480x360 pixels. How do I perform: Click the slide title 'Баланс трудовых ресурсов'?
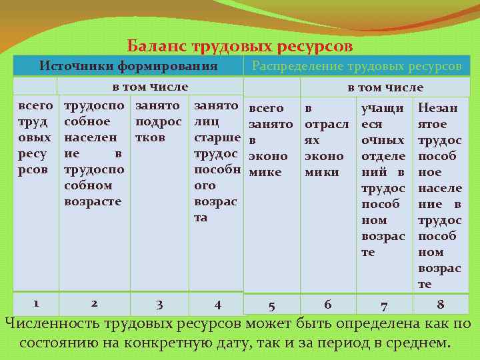click(240, 47)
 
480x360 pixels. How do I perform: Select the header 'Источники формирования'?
click(129, 66)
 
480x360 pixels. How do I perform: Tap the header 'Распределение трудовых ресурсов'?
click(356, 67)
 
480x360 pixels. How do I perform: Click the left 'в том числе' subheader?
click(149, 87)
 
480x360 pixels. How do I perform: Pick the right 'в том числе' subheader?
click(385, 87)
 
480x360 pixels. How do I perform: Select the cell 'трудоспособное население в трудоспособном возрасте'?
click(93, 153)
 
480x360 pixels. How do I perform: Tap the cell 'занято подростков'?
click(158, 121)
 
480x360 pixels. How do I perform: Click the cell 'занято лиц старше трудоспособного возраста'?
click(216, 161)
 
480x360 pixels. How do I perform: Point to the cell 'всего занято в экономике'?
click(270, 140)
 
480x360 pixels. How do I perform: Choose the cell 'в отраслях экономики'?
click(324, 140)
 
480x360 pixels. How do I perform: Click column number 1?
click(36, 302)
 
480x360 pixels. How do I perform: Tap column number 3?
click(159, 305)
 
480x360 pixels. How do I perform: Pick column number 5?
click(271, 306)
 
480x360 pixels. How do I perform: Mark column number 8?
click(440, 304)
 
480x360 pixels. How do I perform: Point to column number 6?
click(327, 304)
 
